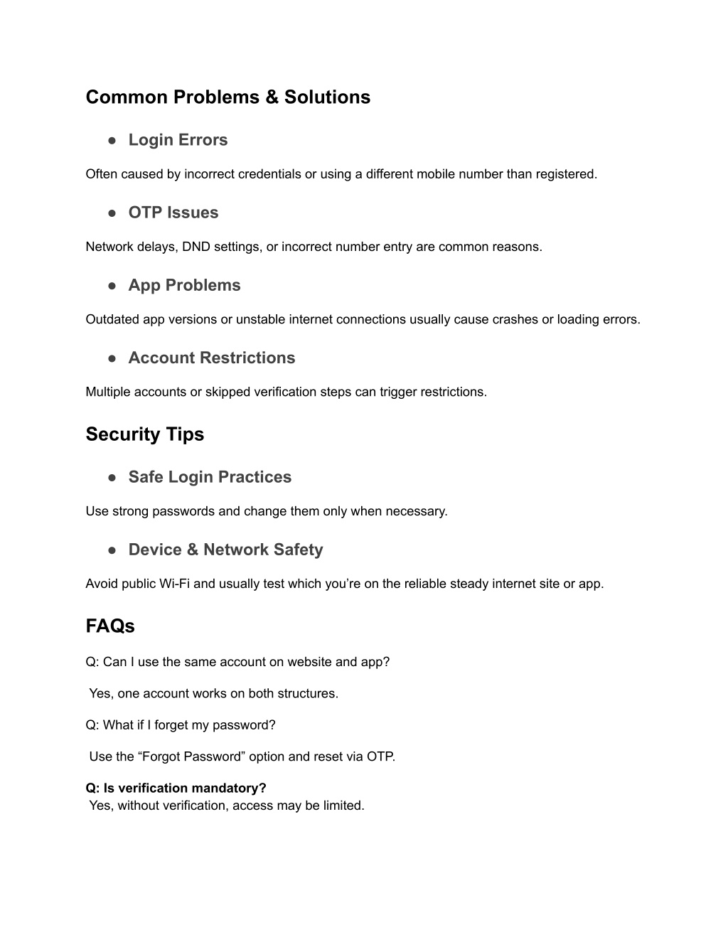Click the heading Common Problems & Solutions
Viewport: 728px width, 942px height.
pyautogui.click(x=227, y=97)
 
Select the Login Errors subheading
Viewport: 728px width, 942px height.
pyautogui.click(x=178, y=140)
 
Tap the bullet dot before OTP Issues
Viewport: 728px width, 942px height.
pyautogui.click(x=112, y=213)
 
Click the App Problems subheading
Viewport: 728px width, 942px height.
pyautogui.click(x=184, y=285)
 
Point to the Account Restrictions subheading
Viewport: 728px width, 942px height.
pyautogui.click(x=211, y=358)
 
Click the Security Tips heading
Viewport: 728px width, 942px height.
pyautogui.click(x=144, y=434)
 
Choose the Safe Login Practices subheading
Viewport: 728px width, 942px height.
pyautogui.click(x=210, y=477)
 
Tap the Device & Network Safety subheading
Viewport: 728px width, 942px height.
pyautogui.click(x=225, y=550)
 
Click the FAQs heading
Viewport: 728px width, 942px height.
pyautogui.click(x=110, y=626)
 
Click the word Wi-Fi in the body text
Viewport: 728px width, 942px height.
pyautogui.click(x=174, y=584)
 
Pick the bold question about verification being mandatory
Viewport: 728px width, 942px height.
pyautogui.click(x=176, y=788)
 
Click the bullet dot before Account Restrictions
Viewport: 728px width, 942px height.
pyautogui.click(x=112, y=358)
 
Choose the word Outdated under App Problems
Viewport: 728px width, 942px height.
pyautogui.click(x=112, y=319)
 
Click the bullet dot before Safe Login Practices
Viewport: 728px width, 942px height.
pyautogui.click(x=112, y=477)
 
